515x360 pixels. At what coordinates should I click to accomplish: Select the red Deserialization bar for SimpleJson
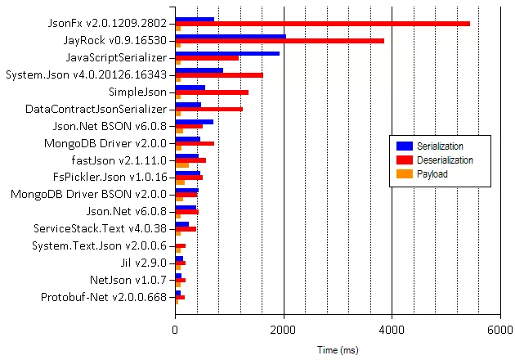click(x=212, y=92)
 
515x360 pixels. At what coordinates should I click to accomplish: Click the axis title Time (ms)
click(x=338, y=349)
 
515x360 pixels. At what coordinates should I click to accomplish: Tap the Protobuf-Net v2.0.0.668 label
click(x=104, y=296)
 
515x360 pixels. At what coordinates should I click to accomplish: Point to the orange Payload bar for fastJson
click(x=182, y=164)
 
